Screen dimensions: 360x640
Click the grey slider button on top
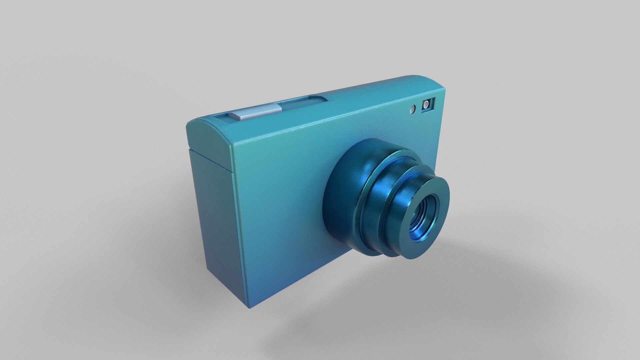[254, 111]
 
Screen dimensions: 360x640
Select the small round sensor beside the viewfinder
[413, 109]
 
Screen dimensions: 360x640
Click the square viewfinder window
[428, 105]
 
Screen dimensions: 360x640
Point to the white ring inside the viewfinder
[426, 105]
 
